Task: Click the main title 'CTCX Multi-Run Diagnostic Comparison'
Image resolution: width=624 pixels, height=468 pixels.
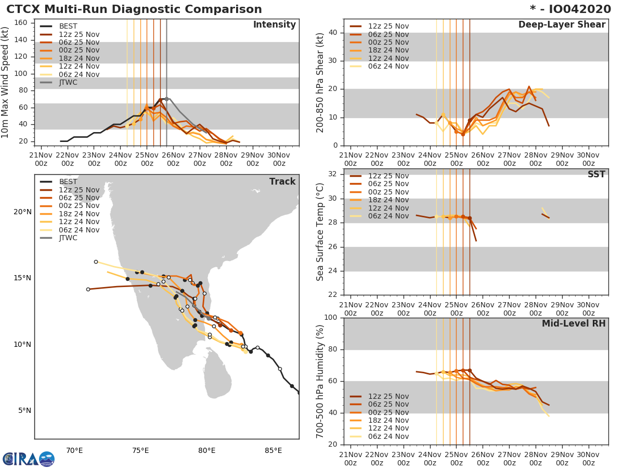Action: tap(134, 9)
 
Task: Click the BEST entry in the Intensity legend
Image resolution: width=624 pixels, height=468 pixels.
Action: tap(68, 27)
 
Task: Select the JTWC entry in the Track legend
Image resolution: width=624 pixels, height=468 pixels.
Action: tap(68, 238)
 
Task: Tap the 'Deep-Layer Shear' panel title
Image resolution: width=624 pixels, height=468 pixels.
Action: tap(562, 25)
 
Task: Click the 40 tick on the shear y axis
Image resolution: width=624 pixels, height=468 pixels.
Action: tap(334, 33)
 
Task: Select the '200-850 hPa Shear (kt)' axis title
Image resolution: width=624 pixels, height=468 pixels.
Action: tap(320, 82)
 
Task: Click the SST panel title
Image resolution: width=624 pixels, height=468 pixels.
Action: tap(596, 174)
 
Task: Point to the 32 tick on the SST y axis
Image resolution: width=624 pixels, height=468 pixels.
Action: tap(334, 174)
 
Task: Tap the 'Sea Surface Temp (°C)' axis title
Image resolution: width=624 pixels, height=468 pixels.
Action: tap(320, 232)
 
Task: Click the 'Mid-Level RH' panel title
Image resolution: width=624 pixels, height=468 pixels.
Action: tap(574, 323)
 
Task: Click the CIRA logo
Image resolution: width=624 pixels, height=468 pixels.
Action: tap(29, 459)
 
